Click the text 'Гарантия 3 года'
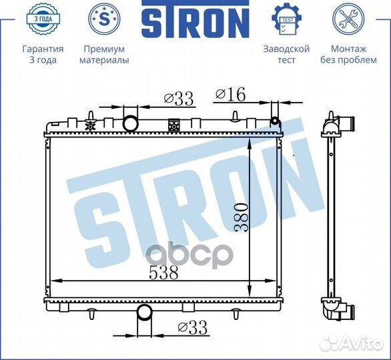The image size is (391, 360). (x=43, y=55)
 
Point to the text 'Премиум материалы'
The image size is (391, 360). (x=104, y=55)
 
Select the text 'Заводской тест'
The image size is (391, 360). (x=286, y=55)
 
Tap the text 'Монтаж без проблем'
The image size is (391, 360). (x=348, y=55)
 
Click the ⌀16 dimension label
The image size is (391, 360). (x=230, y=95)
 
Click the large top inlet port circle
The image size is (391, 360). (x=131, y=123)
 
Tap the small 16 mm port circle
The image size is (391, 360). (x=274, y=121)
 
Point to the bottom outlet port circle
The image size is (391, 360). (x=143, y=312)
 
